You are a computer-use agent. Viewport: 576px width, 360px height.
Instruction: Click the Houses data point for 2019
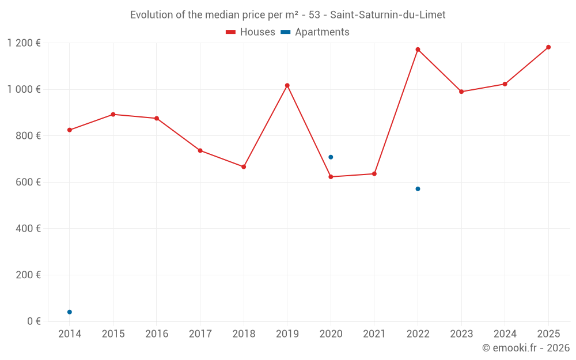287,85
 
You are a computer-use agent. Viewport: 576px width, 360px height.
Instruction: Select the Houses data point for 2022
418,50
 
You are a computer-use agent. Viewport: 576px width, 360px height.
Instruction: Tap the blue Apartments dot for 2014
70,312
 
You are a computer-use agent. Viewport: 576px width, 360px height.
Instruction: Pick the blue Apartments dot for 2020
331,157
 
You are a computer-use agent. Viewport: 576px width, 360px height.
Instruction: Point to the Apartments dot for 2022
418,189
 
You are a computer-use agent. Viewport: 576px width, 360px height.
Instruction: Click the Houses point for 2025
548,47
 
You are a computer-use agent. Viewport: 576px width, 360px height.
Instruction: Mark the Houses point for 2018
244,166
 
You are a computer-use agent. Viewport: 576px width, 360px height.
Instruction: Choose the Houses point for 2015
113,115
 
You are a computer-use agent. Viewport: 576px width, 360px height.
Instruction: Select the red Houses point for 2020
331,177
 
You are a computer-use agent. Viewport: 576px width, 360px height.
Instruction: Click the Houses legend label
257,32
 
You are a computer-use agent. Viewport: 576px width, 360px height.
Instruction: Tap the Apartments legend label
322,32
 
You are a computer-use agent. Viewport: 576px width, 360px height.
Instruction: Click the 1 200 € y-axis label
24,43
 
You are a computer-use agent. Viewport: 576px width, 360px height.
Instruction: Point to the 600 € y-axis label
29,182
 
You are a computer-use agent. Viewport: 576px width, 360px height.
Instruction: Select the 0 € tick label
34,321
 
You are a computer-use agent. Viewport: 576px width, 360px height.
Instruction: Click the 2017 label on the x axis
200,334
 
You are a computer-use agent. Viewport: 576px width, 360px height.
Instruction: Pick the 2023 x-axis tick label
461,334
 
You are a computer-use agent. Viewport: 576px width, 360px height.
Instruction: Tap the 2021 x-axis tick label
374,334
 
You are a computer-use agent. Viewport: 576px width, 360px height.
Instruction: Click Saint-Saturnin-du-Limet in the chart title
388,15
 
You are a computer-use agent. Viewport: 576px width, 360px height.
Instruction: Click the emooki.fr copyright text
526,348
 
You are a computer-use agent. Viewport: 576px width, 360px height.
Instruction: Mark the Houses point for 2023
461,92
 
